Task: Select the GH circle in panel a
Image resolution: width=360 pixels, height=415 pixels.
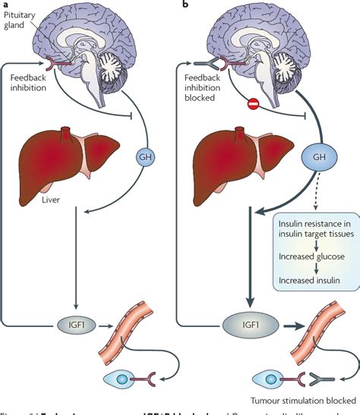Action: pos(147,157)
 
